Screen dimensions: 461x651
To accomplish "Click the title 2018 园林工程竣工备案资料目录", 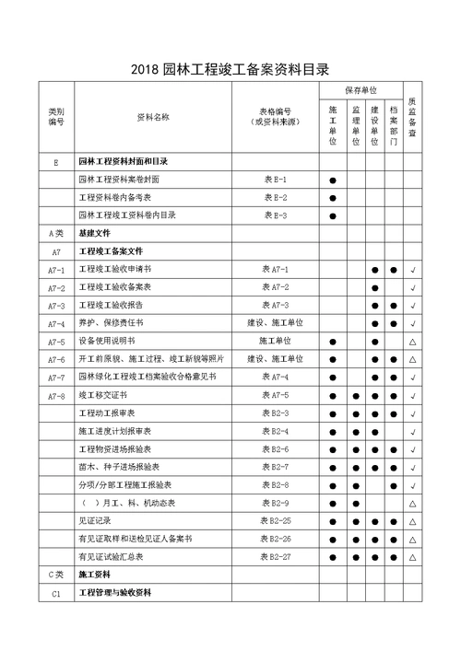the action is click(230, 69).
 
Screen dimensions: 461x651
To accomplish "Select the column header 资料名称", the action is click(153, 117).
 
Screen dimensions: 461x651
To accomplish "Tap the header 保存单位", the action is click(361, 91).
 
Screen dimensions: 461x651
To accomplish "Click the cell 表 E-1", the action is click(275, 180).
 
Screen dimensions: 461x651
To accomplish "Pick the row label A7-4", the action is click(56, 323).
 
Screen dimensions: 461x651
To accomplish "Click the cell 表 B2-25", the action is click(275, 520).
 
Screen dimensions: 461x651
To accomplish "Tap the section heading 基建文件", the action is click(94, 234).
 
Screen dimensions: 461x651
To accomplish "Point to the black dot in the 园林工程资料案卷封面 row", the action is click(332, 180).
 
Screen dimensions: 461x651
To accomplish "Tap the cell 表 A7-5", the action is click(275, 395).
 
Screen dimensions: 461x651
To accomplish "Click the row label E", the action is click(56, 162).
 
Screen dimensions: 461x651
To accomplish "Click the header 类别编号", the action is click(56, 117).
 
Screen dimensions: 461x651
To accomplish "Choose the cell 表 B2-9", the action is click(275, 503).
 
